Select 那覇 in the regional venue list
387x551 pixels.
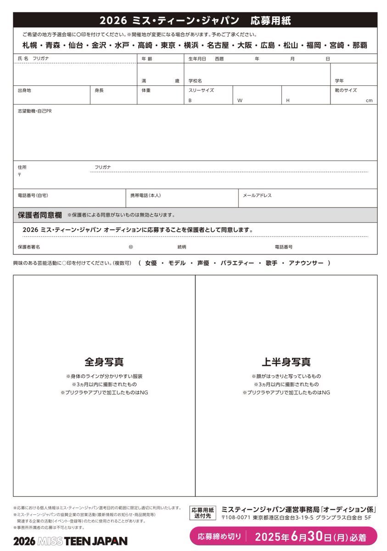click(x=357, y=45)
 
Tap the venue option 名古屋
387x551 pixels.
click(x=217, y=45)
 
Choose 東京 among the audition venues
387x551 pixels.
click(x=168, y=45)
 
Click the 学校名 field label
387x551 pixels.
click(x=195, y=81)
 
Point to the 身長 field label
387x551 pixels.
click(x=99, y=90)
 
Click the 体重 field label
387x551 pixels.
click(x=146, y=90)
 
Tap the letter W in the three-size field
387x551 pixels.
click(x=239, y=101)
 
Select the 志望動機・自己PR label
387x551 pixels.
click(x=34, y=111)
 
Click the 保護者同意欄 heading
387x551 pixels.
click(x=40, y=215)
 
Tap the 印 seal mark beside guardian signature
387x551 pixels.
click(x=131, y=247)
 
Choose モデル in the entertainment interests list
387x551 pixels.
click(x=177, y=263)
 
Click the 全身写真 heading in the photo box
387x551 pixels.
click(x=104, y=362)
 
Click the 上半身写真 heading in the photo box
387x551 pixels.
click(x=286, y=362)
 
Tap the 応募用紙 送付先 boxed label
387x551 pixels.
click(x=202, y=513)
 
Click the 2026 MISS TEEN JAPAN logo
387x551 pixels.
click(x=70, y=541)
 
